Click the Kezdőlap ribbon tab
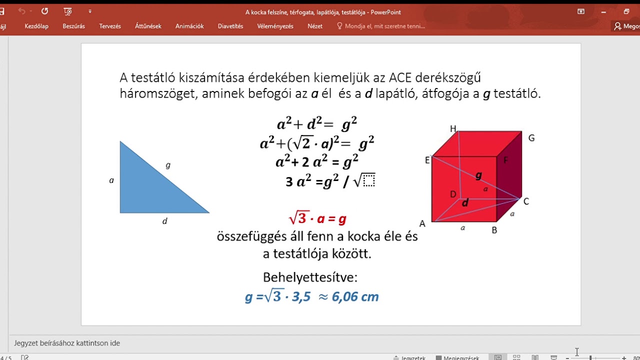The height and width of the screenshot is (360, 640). click(x=36, y=26)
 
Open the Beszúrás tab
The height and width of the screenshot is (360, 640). click(x=73, y=26)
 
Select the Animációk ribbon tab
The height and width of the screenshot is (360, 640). click(x=189, y=26)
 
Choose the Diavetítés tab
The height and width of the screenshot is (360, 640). click(x=230, y=26)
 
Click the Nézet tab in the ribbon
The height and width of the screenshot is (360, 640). click(x=315, y=26)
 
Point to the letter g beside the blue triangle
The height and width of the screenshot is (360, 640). click(x=168, y=165)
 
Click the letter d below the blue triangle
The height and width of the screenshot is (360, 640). click(x=164, y=221)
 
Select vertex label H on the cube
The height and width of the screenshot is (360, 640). click(x=453, y=129)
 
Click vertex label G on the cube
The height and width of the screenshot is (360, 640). click(x=531, y=138)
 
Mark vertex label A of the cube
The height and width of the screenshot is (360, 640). click(x=422, y=224)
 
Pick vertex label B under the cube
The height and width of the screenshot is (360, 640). click(x=494, y=230)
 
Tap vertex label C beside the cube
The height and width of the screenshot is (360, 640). click(x=526, y=201)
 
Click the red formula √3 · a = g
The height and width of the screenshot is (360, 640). click(x=317, y=218)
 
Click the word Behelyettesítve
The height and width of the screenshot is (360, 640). click(x=310, y=277)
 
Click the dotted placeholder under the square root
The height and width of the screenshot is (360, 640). click(x=369, y=180)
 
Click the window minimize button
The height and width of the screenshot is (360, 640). click(x=603, y=11)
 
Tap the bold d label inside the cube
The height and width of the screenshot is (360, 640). click(x=465, y=202)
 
